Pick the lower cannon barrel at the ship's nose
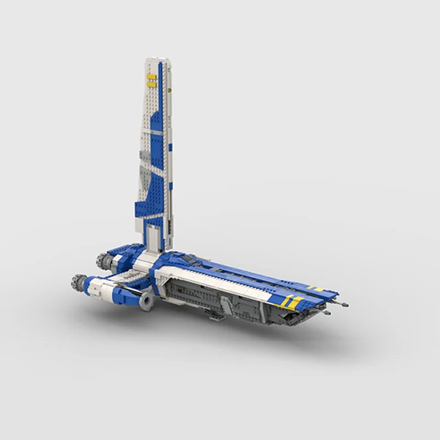(x=328, y=313)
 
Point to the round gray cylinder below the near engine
(x=147, y=299)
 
